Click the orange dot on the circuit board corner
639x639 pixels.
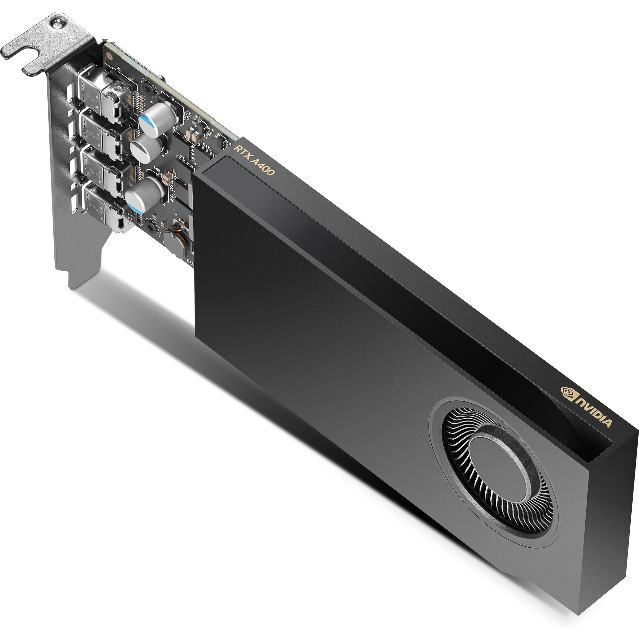pyautogui.click(x=109, y=56)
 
